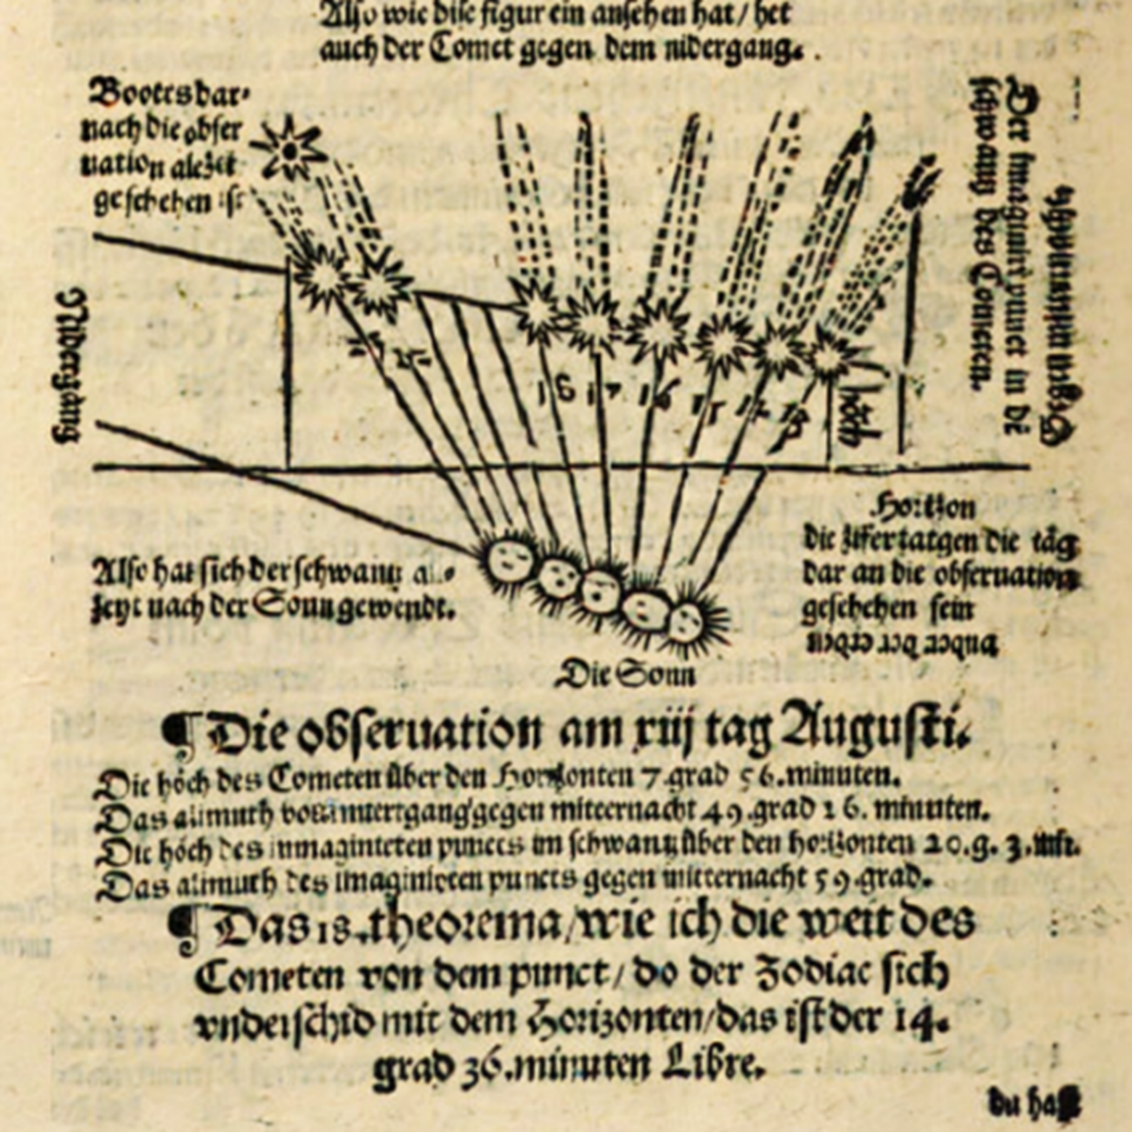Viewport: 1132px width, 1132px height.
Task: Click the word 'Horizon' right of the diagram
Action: (x=925, y=508)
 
